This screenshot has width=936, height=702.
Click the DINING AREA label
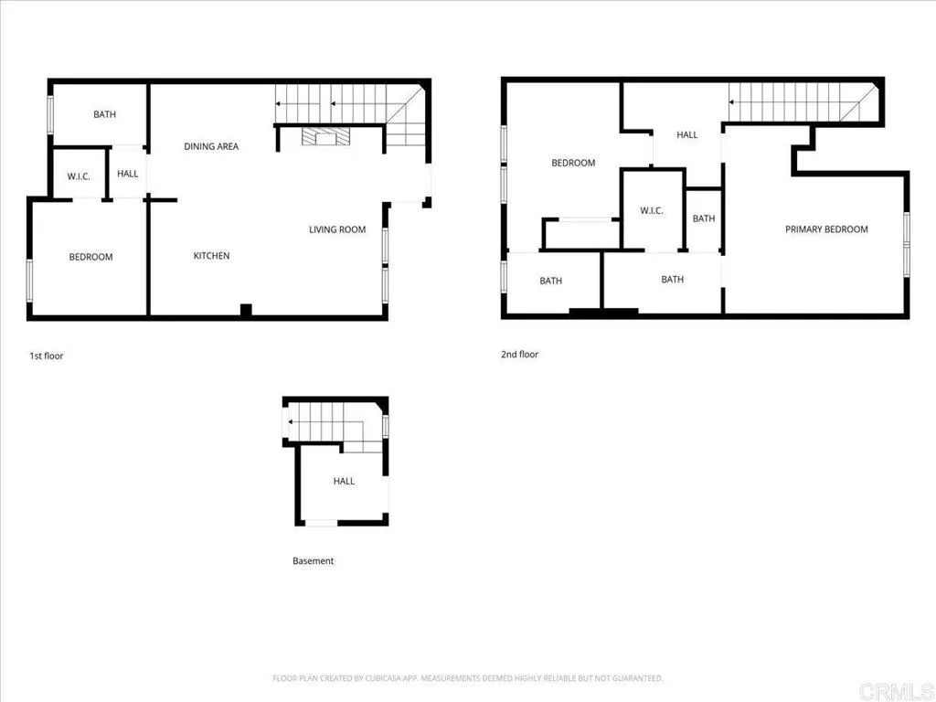211,146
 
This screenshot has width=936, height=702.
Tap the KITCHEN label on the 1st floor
211,256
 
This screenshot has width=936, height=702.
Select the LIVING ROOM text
337,229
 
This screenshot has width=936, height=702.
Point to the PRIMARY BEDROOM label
826,229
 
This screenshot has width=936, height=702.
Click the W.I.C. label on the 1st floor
79,176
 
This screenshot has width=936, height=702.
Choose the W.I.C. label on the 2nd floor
652,211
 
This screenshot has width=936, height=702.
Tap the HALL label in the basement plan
344,481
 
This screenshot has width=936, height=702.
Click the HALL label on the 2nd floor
686,135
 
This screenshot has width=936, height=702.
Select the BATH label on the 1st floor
104,115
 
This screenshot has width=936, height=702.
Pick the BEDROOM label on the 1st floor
90,257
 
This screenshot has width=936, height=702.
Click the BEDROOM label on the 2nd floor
573,163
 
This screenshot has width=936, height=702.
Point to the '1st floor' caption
47,356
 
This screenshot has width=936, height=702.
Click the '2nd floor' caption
519,354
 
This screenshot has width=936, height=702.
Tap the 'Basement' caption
313,561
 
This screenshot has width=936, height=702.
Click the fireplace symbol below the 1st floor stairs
324,137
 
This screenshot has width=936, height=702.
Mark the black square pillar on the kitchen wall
245,311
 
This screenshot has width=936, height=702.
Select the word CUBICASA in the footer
373,678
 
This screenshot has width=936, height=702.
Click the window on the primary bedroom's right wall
907,244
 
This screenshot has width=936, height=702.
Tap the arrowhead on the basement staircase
290,421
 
